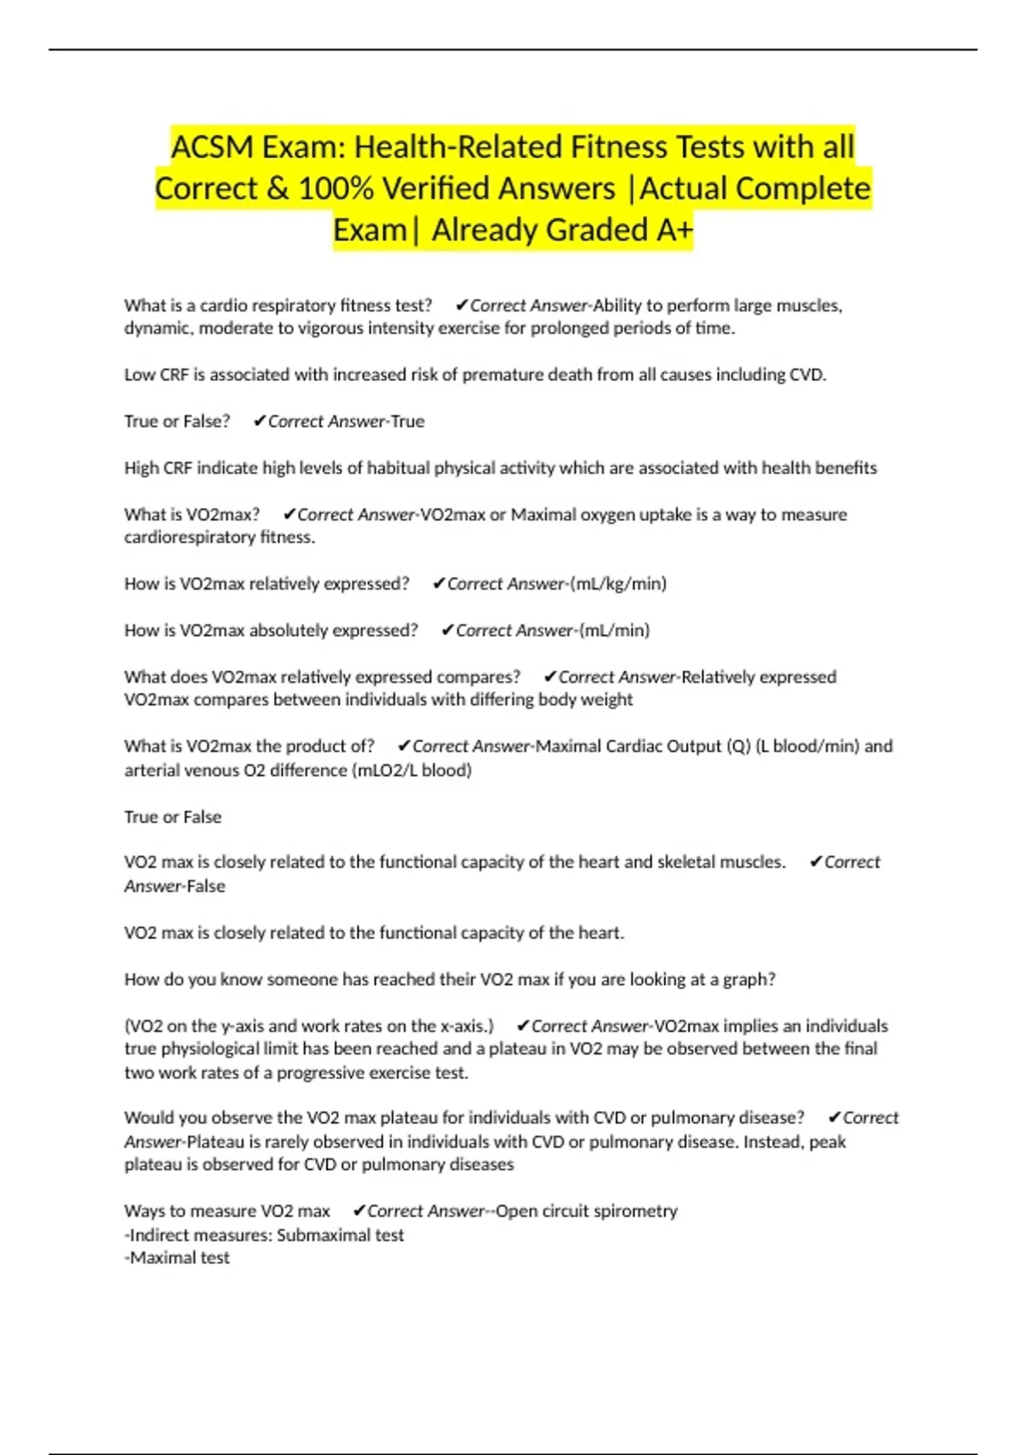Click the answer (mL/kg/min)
618,584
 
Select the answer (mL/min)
614,631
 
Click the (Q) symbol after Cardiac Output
738,746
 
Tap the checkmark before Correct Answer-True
259,422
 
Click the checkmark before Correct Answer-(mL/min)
447,631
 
